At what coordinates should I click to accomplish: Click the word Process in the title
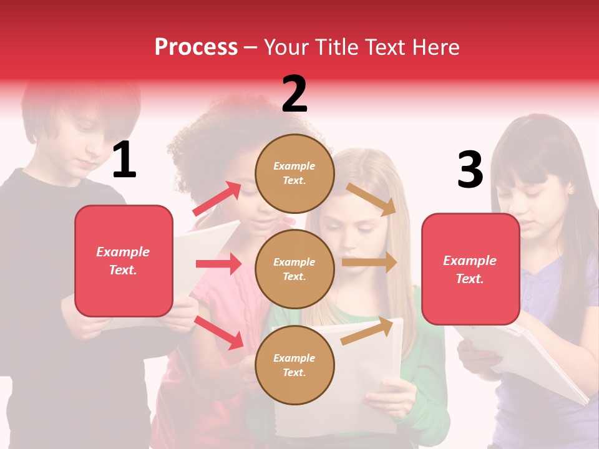[196, 47]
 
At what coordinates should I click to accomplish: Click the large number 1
[124, 160]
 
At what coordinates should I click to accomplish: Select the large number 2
[295, 94]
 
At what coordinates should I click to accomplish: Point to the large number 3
[470, 170]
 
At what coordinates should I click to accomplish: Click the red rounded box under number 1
[124, 261]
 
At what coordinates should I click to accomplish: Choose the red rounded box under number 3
[470, 269]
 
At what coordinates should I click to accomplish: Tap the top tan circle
[295, 173]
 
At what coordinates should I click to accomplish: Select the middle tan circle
[295, 269]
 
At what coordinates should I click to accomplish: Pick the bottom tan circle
[295, 365]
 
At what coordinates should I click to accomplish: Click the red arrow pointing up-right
[217, 198]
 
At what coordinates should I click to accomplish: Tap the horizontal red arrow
[218, 264]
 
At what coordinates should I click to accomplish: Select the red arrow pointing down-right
[219, 332]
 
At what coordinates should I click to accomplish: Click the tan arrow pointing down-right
[372, 199]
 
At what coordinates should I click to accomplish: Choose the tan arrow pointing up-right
[368, 331]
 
